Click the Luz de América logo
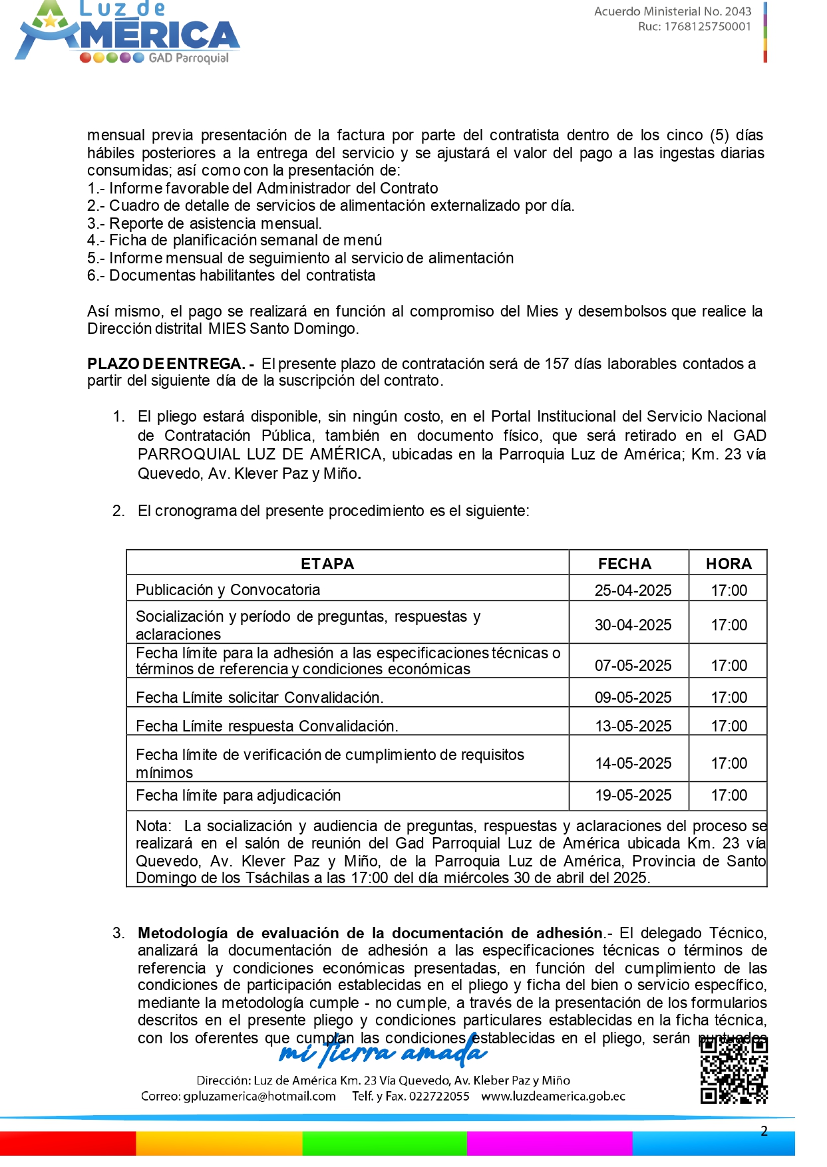pos(127,33)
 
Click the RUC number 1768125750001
pos(707,27)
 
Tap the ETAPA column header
pos(327,564)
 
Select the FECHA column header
pos(624,564)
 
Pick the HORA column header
pos(729,564)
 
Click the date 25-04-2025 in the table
pos(633,590)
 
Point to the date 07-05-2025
pos(633,666)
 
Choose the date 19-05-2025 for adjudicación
pos(633,795)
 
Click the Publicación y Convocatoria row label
pos(228,590)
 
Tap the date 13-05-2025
pos(633,726)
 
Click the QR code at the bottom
pos(734,1070)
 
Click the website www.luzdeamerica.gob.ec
pos(553,1097)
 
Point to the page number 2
pos(764,1131)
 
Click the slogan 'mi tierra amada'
pos(383,1052)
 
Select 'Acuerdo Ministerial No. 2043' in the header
pos(672,11)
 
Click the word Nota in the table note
pos(153,826)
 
